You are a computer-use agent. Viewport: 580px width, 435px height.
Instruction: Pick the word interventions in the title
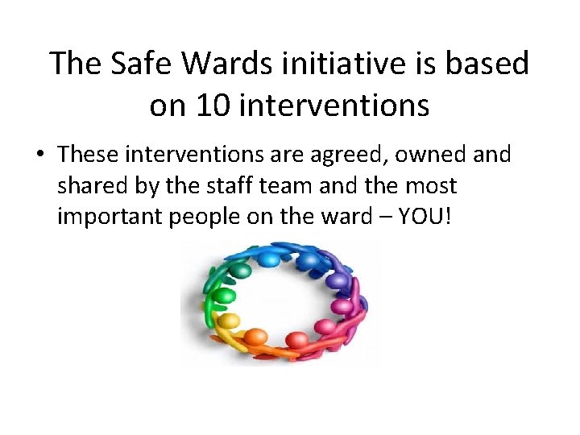339,105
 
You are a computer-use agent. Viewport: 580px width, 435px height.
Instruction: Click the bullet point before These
46,155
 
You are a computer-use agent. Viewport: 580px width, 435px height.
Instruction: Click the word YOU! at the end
428,217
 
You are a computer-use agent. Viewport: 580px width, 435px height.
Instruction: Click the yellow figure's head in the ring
229,321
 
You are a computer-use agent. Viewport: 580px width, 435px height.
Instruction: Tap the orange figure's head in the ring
256,337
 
